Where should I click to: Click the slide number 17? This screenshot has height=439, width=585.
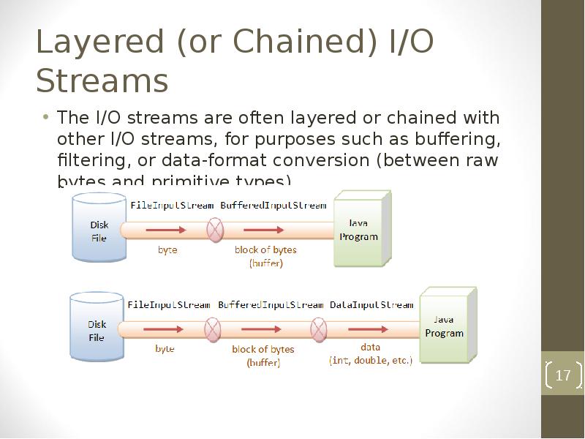coord(562,376)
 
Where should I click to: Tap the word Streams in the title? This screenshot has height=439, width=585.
coord(102,80)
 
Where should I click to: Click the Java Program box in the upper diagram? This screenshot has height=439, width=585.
coord(359,229)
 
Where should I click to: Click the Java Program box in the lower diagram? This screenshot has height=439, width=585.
coord(444,327)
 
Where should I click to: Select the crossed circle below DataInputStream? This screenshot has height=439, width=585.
coord(319,330)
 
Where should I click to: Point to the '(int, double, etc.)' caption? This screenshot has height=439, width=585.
coord(371,361)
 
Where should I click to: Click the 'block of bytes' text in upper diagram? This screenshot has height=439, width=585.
coord(265,249)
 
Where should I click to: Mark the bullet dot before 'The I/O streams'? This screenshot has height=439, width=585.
coord(45,118)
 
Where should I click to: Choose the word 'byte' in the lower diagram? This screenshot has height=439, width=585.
coord(165,349)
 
